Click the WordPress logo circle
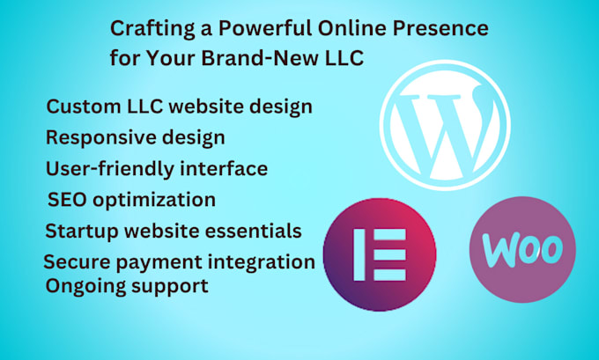[445, 126]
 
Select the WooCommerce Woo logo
[521, 249]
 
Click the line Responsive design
[135, 137]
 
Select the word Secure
[77, 261]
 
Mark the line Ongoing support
[127, 286]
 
